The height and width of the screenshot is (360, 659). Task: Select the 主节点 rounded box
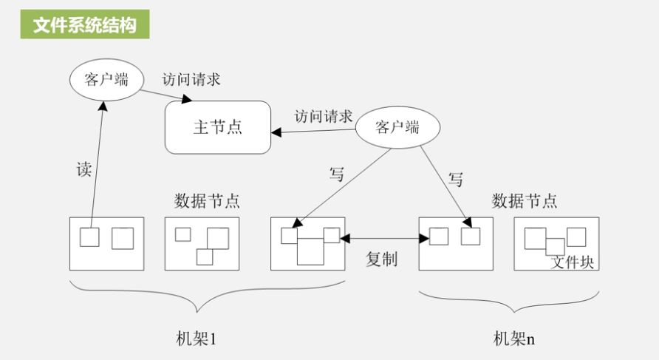coord(217,127)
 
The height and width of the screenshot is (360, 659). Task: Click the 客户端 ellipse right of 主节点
coord(397,127)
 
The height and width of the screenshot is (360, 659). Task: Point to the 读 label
coord(84,169)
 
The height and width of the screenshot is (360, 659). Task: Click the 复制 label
coord(382,259)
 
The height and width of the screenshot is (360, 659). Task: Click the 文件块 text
coord(573,262)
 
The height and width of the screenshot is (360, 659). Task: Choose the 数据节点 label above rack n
coord(525,200)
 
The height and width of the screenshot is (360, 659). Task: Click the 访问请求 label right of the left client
coord(191,79)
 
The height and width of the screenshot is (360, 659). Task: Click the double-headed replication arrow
coord(384,238)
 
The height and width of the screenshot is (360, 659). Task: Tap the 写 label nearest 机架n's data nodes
coord(457,179)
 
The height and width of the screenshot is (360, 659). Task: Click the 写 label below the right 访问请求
coord(337,175)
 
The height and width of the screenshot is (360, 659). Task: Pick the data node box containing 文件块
coord(556,243)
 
